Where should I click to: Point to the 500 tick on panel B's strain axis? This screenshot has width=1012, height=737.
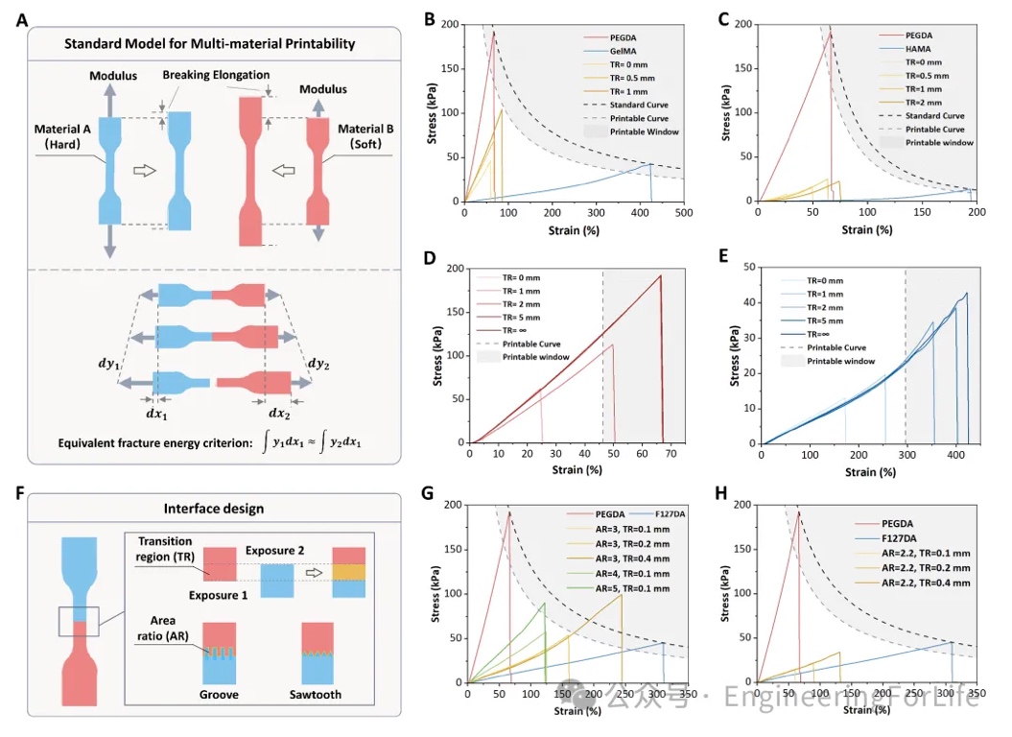tap(683, 212)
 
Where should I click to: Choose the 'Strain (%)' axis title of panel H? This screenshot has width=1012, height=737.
tap(866, 711)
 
